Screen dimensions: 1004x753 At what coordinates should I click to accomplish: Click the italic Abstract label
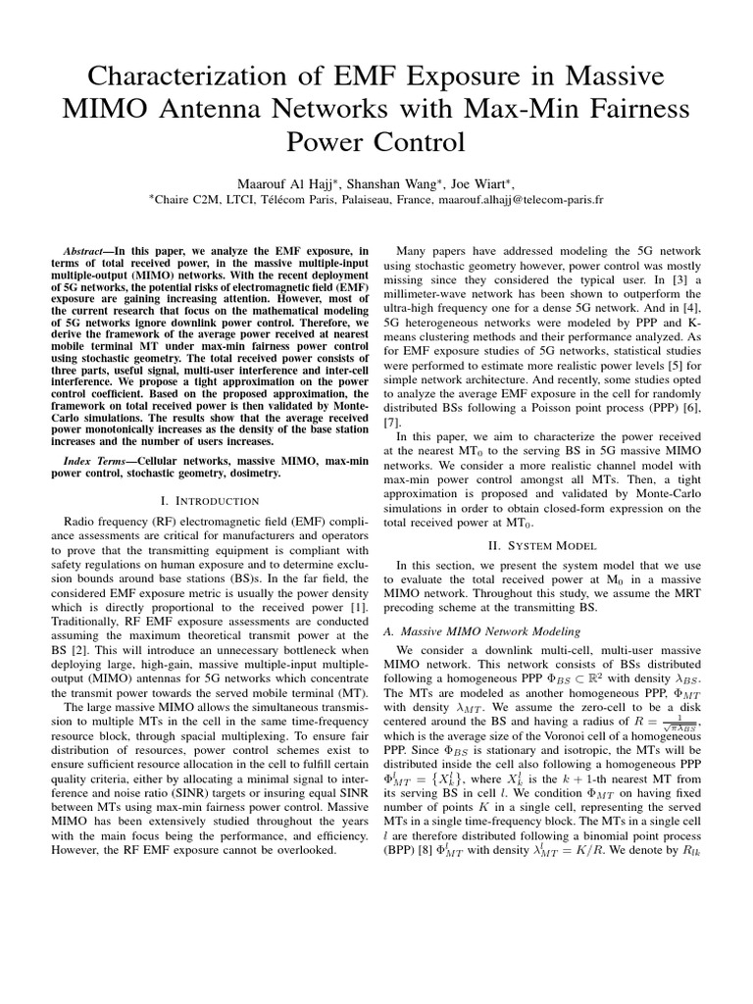[x=82, y=252]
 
